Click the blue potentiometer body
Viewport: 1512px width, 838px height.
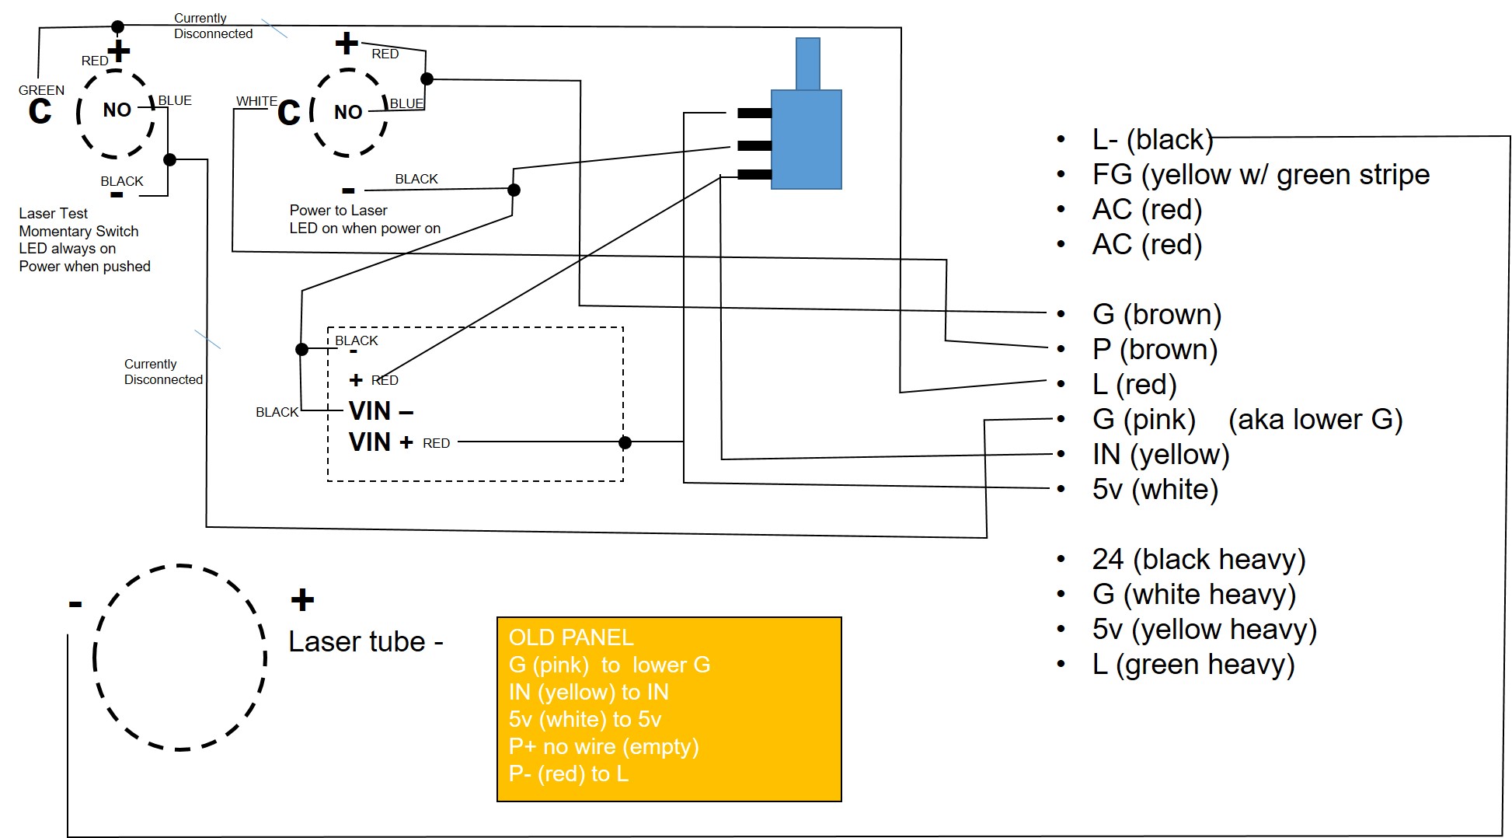(806, 139)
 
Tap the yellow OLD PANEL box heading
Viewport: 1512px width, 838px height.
(571, 637)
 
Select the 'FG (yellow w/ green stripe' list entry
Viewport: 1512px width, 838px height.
(1260, 175)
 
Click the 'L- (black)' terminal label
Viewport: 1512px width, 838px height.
(1152, 140)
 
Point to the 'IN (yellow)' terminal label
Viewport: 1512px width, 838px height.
(1160, 455)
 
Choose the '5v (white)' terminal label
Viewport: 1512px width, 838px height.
(1155, 490)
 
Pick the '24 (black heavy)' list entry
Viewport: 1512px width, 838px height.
(1198, 560)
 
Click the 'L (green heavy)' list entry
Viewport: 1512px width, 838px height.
(1193, 665)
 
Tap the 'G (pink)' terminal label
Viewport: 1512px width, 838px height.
(1144, 420)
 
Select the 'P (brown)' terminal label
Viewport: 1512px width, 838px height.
(1155, 350)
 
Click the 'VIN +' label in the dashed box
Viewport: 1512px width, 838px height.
(381, 442)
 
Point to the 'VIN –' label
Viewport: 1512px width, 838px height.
(381, 410)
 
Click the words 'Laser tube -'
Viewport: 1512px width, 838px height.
(365, 642)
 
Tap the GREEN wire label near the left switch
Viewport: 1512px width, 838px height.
(41, 90)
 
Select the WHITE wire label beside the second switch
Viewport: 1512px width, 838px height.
(256, 101)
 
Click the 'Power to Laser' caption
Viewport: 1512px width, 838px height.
(338, 210)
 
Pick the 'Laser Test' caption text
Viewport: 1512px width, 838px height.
(53, 213)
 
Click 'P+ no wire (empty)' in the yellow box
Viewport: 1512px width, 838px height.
(604, 747)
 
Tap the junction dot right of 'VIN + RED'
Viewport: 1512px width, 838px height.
(625, 443)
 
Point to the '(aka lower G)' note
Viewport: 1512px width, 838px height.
(1315, 420)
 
